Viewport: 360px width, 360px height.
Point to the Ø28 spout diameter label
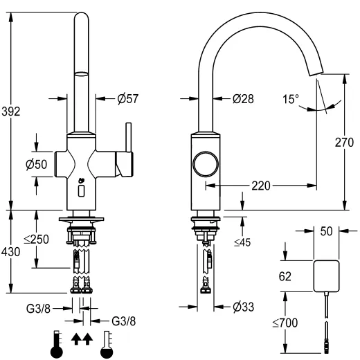pos(243,99)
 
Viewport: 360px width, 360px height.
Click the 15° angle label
pos(290,99)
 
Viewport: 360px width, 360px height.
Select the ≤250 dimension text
pos(37,239)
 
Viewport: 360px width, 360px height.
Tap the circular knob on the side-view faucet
pos(206,165)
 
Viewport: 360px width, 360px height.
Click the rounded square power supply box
pos(327,275)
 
